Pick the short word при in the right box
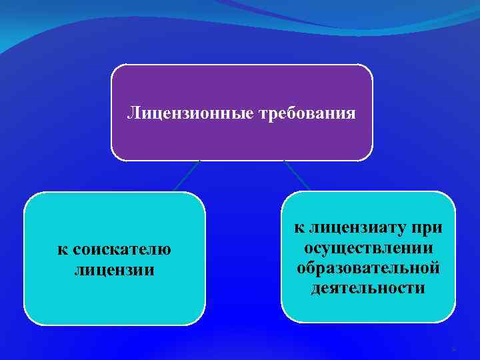tap(427, 228)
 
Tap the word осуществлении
tap(368, 248)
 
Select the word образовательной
tap(368, 268)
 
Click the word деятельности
tap(368, 288)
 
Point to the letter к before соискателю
tap(63, 249)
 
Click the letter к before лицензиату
tap(299, 228)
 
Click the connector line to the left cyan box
tap(187, 176)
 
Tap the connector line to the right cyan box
tap(297, 176)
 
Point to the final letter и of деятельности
tap(421, 288)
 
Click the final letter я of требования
tap(351, 113)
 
